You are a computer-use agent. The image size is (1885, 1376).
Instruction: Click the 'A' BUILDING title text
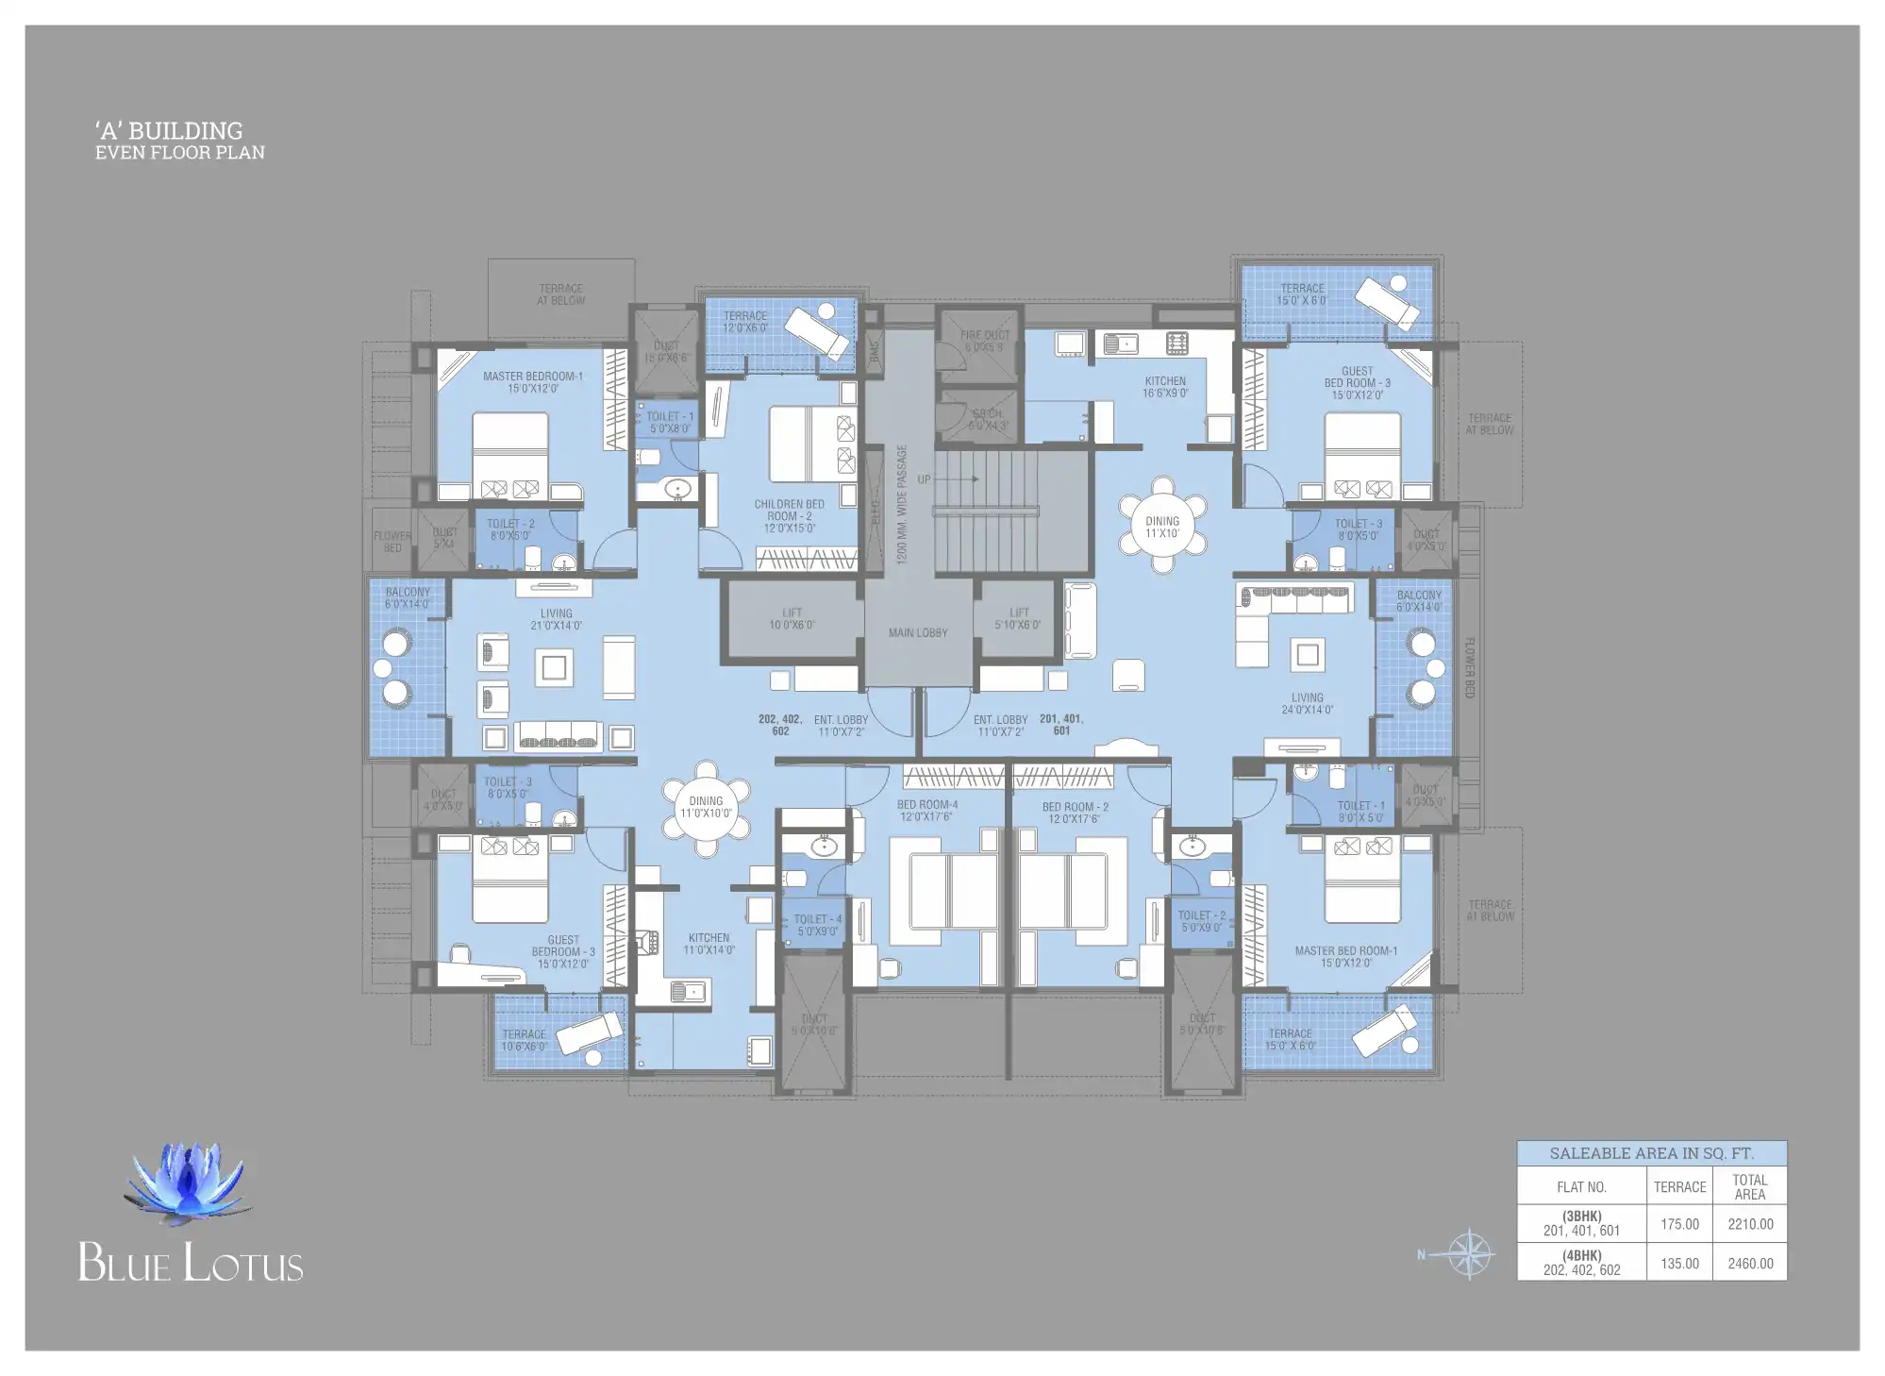[x=169, y=130]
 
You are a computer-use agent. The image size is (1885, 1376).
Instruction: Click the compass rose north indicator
[x=1467, y=1254]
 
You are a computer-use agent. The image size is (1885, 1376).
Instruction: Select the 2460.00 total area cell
[x=1749, y=1263]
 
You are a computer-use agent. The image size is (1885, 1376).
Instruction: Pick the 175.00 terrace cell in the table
[x=1678, y=1224]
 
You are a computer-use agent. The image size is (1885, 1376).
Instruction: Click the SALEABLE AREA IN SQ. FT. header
[x=1651, y=1152]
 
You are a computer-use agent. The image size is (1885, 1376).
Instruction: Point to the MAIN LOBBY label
[x=917, y=632]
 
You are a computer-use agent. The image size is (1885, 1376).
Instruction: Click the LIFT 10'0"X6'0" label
[x=791, y=619]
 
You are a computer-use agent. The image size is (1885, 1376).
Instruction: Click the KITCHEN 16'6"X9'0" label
[x=1164, y=387]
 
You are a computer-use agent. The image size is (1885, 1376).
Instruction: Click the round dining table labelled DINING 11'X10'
[x=1161, y=526]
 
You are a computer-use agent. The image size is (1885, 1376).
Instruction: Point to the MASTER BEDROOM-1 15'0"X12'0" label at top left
[x=532, y=381]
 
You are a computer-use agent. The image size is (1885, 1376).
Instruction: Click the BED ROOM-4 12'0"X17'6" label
[x=926, y=811]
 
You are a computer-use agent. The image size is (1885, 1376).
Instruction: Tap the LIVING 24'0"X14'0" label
[x=1307, y=703]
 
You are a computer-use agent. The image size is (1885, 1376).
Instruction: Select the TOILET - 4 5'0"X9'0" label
[x=817, y=924]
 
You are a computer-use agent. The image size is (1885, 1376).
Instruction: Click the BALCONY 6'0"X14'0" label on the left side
[x=407, y=597]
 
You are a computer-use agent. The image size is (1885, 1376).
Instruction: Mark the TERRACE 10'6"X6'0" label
[x=524, y=1040]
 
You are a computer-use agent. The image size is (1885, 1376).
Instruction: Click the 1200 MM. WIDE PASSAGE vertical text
[x=901, y=505]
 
